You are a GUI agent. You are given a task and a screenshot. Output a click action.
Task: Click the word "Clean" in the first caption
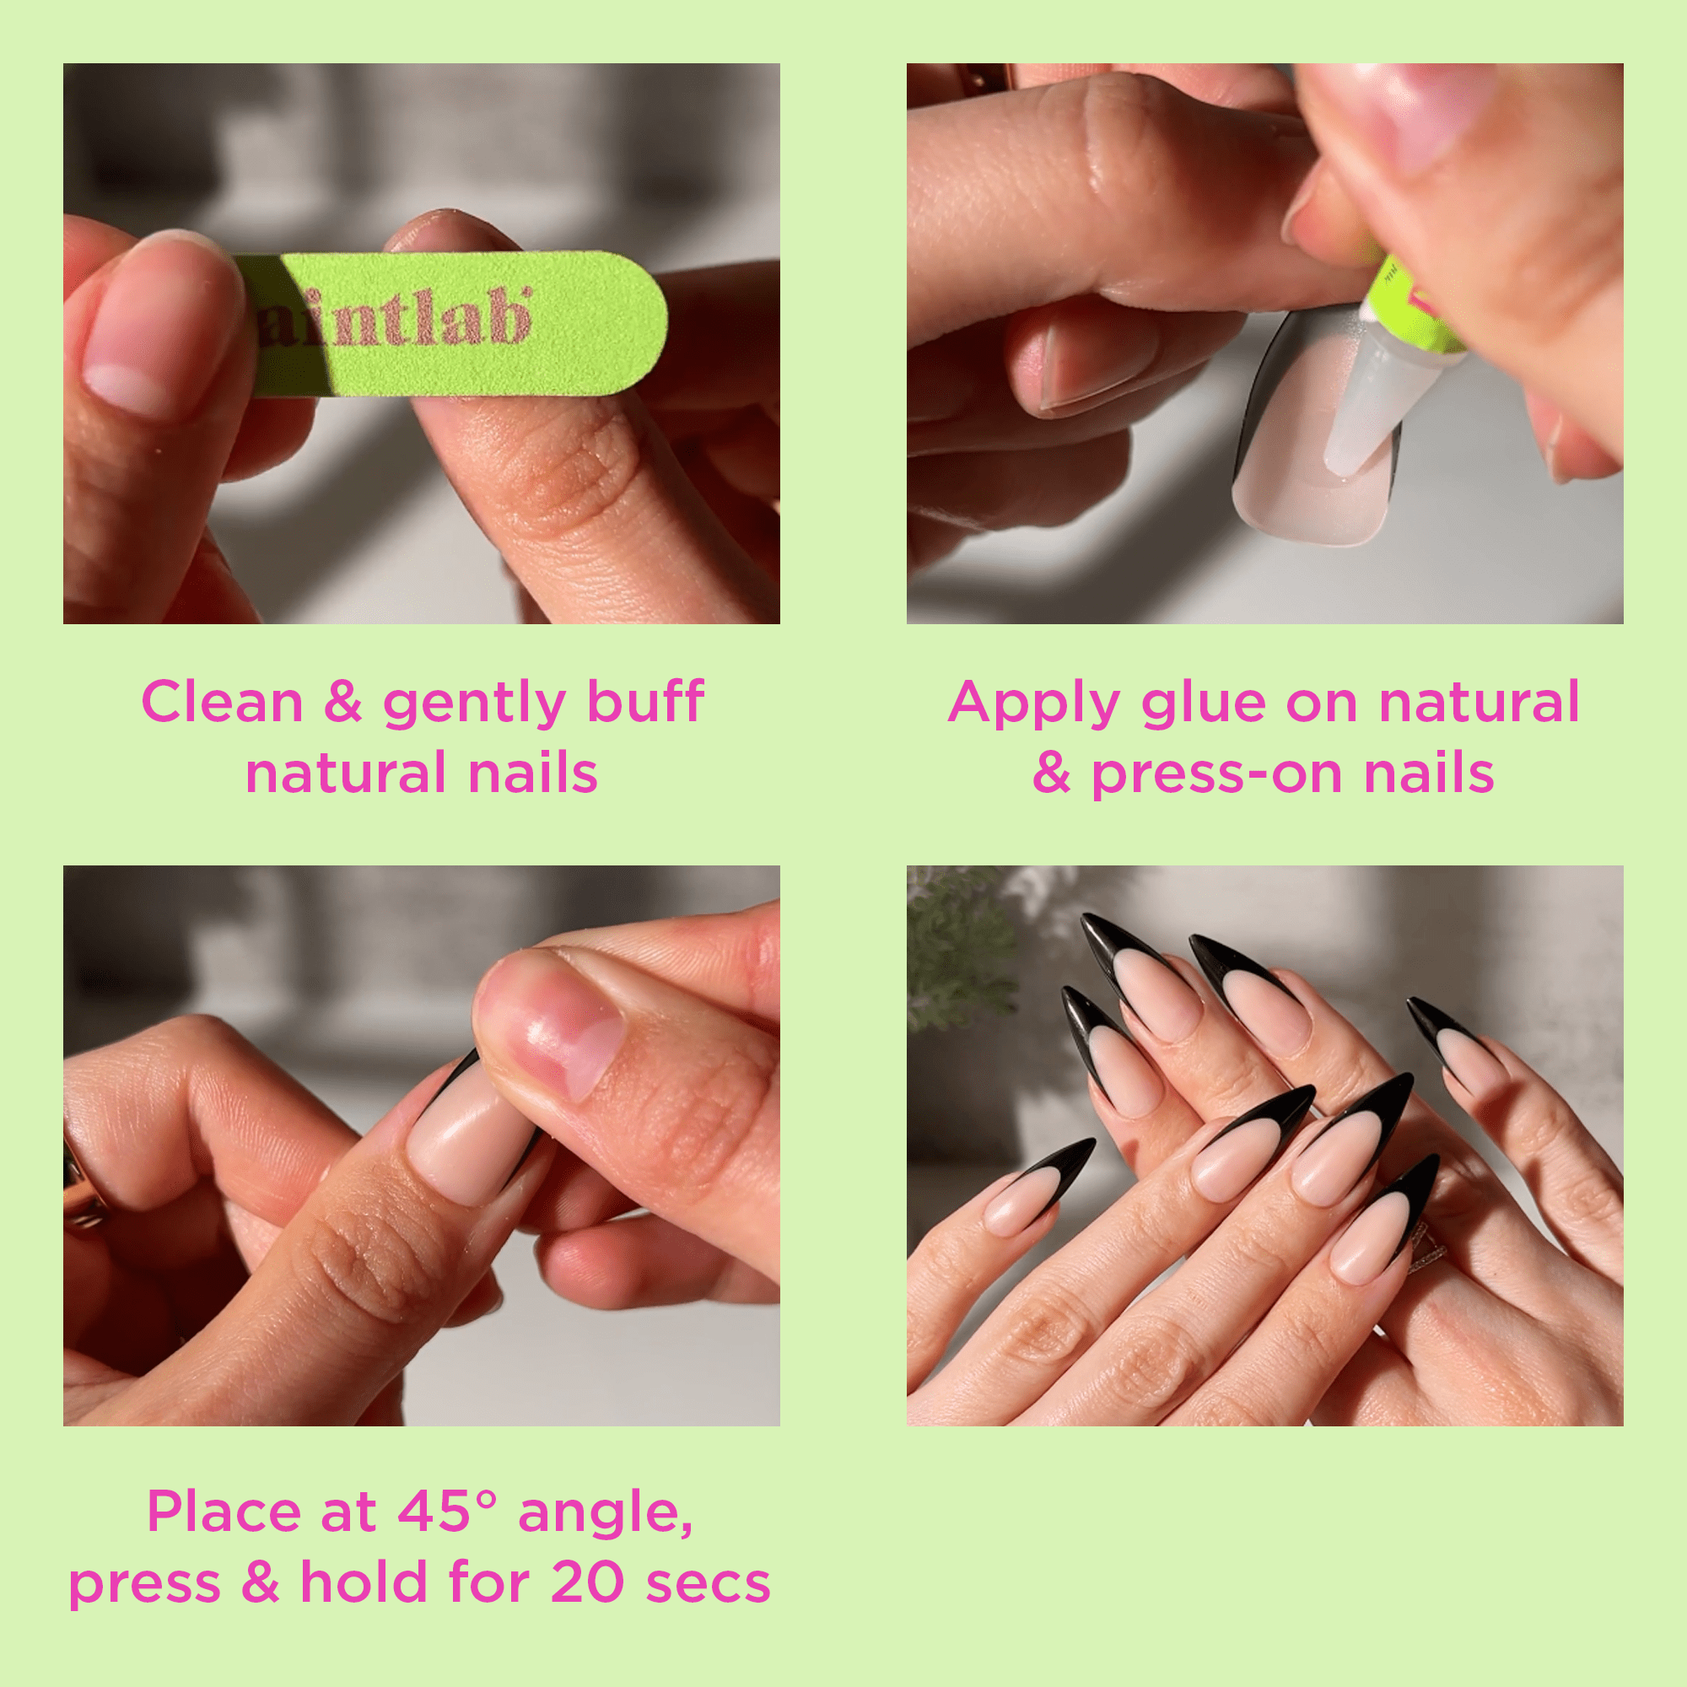(223, 702)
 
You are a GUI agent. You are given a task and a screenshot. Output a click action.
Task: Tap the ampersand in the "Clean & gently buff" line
(343, 702)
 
